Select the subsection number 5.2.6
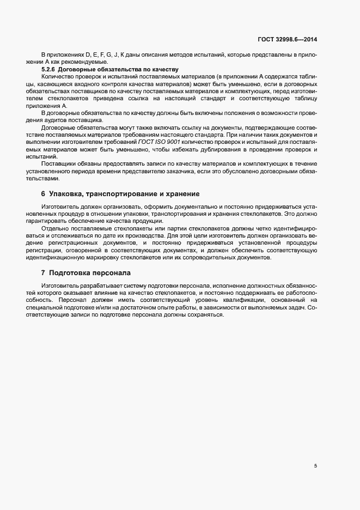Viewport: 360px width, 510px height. [50, 70]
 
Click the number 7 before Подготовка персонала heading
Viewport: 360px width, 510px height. [43, 272]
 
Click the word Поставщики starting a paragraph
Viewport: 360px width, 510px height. [58, 163]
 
